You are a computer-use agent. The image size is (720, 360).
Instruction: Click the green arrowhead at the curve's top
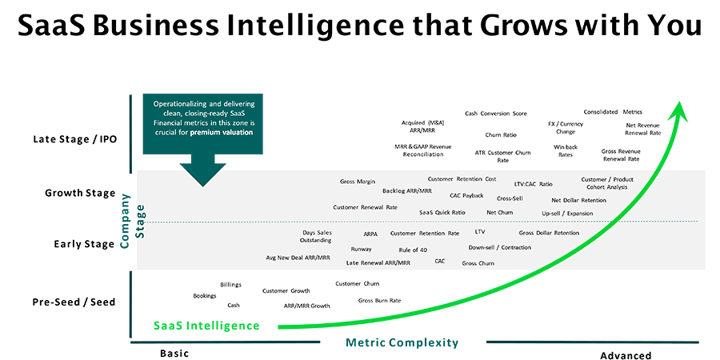(x=678, y=111)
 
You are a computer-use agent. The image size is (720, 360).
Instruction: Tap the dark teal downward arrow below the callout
(x=202, y=170)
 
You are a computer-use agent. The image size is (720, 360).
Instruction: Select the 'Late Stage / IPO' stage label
(x=75, y=139)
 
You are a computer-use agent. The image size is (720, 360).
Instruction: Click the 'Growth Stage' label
(x=80, y=193)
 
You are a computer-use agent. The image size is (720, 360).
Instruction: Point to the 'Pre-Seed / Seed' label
(x=74, y=302)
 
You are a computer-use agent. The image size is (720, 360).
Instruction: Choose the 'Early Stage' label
(x=83, y=244)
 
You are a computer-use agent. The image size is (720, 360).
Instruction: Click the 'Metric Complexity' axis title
(x=402, y=342)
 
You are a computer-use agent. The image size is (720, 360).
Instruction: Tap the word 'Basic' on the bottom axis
(x=174, y=354)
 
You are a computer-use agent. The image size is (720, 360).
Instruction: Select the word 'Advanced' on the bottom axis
(x=626, y=355)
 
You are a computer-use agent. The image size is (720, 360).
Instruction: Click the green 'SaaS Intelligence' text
(x=206, y=326)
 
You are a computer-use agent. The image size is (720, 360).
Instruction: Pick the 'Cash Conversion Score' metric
(x=496, y=114)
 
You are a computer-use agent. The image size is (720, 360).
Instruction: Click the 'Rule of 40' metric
(x=413, y=250)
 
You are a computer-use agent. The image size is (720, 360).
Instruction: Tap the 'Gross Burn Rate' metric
(x=379, y=301)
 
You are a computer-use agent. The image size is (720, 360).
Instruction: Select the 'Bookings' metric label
(x=204, y=296)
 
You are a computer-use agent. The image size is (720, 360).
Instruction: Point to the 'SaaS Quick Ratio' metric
(x=442, y=213)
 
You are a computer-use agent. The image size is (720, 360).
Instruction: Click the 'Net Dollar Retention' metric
(x=578, y=200)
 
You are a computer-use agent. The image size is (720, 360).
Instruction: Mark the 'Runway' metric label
(x=361, y=250)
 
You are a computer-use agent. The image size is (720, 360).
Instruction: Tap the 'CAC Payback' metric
(x=466, y=196)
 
